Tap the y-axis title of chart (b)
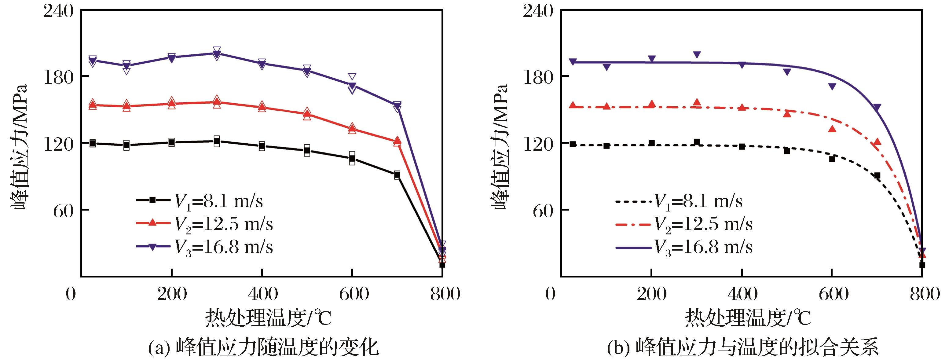click(500, 147)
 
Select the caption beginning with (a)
click(263, 348)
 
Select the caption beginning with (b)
click(743, 348)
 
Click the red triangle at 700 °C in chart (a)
click(397, 141)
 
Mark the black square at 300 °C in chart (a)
click(217, 141)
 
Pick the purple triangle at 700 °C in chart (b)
click(877, 108)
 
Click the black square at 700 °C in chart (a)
click(397, 175)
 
